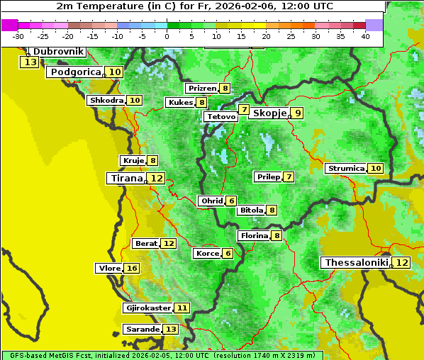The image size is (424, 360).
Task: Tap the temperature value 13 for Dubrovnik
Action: (30, 62)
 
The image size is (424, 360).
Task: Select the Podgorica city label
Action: (75, 72)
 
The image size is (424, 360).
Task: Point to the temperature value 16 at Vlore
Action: (132, 268)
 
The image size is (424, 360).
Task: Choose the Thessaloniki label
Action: (357, 263)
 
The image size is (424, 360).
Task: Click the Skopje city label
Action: (269, 113)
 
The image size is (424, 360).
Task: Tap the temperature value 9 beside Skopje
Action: (298, 113)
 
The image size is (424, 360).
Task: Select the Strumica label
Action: (345, 169)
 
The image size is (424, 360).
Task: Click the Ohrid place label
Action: (211, 201)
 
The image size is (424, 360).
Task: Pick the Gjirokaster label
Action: (148, 308)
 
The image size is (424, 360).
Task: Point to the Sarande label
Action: (143, 330)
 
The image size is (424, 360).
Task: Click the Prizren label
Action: (202, 89)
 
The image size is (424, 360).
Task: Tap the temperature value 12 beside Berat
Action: (168, 244)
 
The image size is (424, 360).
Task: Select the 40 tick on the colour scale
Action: (365, 36)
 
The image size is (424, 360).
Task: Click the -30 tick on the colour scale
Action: (18, 36)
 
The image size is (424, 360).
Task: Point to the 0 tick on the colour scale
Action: (167, 36)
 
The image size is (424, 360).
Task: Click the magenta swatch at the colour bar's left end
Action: (10, 25)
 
